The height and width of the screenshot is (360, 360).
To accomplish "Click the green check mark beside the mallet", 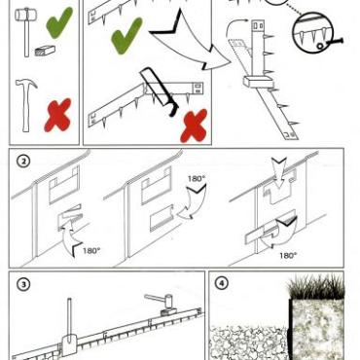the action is click(x=58, y=23).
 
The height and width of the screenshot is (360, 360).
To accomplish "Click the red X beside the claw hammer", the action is click(x=57, y=115).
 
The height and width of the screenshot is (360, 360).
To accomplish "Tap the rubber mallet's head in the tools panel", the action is click(x=24, y=15).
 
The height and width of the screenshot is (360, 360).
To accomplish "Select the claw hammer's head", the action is click(x=26, y=84).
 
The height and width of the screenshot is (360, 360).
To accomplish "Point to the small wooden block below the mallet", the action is click(x=45, y=51).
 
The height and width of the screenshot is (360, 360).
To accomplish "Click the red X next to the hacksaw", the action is click(x=194, y=126).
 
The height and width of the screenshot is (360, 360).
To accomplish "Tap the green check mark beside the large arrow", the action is click(x=126, y=35).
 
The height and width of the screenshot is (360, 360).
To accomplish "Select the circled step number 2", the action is click(x=23, y=162).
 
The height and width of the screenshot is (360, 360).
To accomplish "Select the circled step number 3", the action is click(x=23, y=284).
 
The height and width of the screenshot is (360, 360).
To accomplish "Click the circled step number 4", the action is click(x=222, y=283).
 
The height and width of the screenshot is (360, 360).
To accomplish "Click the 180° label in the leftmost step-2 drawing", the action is click(x=91, y=250).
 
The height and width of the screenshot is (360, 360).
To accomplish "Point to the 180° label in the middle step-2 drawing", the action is click(x=197, y=179).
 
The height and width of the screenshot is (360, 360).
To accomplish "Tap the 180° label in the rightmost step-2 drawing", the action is click(x=288, y=256).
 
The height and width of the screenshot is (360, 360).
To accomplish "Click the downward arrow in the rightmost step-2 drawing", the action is click(x=279, y=172).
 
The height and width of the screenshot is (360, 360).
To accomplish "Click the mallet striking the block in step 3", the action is click(x=163, y=303).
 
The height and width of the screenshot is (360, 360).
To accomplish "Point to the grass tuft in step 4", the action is click(x=315, y=287).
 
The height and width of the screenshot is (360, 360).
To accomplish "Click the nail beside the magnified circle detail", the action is click(x=334, y=42).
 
